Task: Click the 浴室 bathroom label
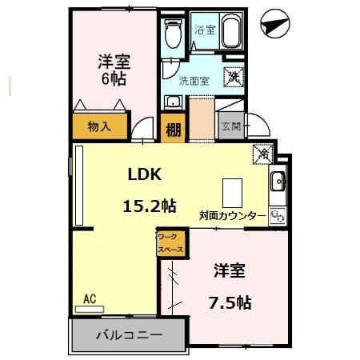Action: [x=205, y=30]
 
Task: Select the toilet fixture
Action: [x=171, y=34]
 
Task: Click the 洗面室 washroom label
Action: [x=194, y=81]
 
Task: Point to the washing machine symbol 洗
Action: [x=233, y=77]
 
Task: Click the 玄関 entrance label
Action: [x=231, y=126]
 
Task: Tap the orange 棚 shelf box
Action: [x=172, y=127]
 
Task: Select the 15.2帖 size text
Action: [x=149, y=206]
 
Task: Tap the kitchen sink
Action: [x=278, y=182]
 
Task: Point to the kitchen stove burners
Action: [x=278, y=214]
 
